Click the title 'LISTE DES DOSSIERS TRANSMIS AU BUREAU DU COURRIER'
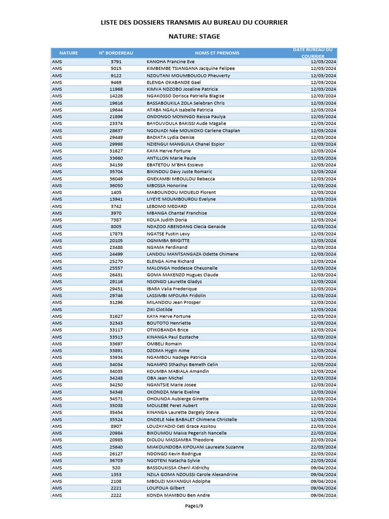coord(194,22)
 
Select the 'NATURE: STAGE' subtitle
coord(194,36)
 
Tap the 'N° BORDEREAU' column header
coord(116,53)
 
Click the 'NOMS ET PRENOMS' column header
coord(217,53)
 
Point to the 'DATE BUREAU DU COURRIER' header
coord(313,53)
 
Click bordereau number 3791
coord(116,61)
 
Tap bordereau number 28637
coord(116,130)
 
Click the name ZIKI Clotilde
coord(160,309)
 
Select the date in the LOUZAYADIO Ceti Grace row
coord(323,426)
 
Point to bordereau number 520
coord(116,467)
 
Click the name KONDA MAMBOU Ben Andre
coord(178,495)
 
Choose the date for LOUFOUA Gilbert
coord(323,488)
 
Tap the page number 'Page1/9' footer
coord(194,506)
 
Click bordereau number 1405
coord(116,192)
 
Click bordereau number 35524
coord(116,419)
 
